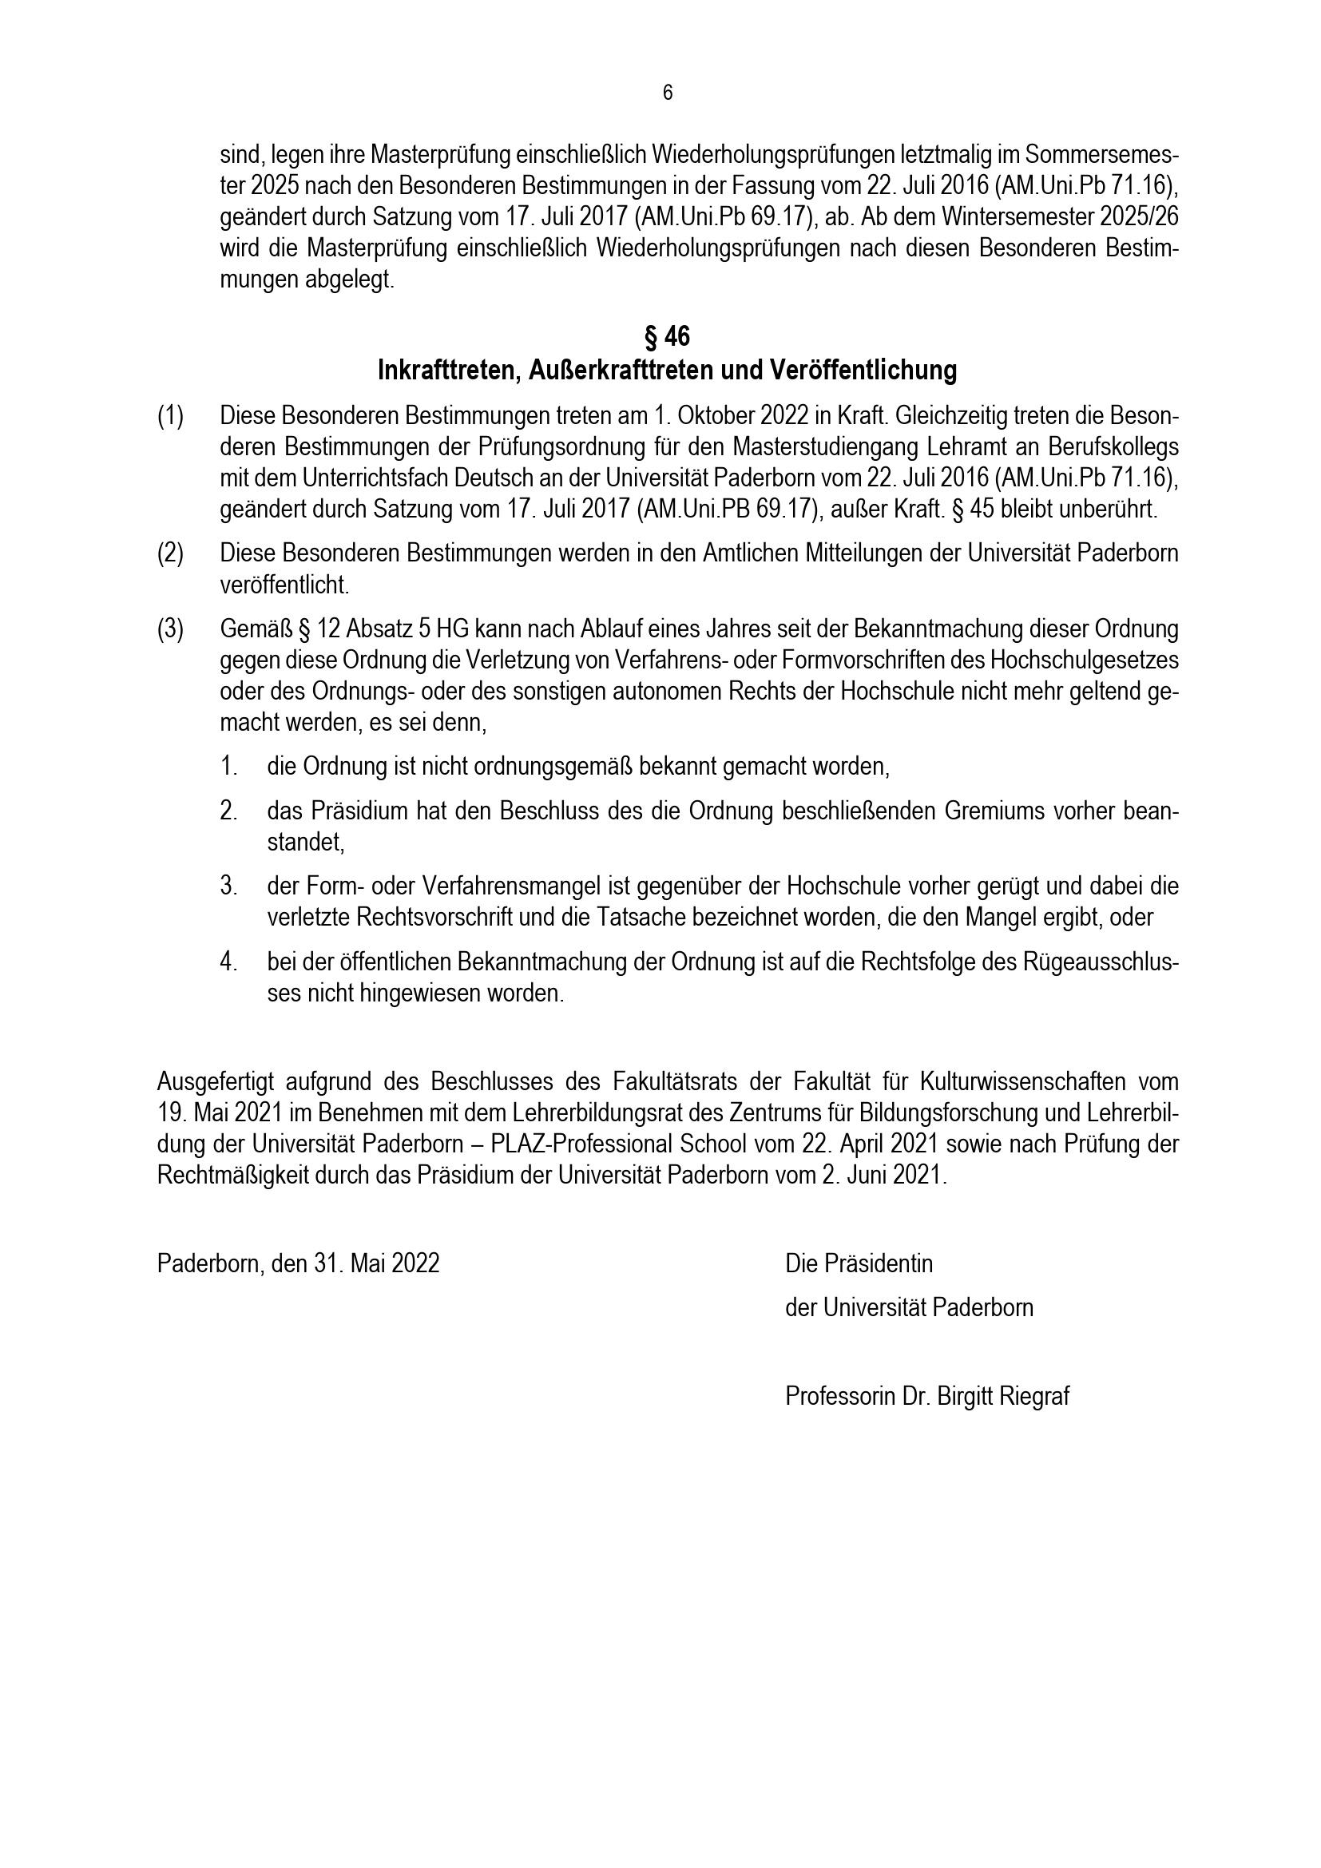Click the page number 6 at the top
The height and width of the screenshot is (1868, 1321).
(667, 93)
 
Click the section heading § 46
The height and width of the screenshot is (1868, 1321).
(667, 336)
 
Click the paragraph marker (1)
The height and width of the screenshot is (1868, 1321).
(170, 417)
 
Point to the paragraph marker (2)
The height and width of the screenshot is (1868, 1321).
(170, 553)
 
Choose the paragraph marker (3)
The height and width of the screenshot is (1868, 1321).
(170, 629)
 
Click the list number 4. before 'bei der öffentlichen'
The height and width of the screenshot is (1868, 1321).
(228, 962)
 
